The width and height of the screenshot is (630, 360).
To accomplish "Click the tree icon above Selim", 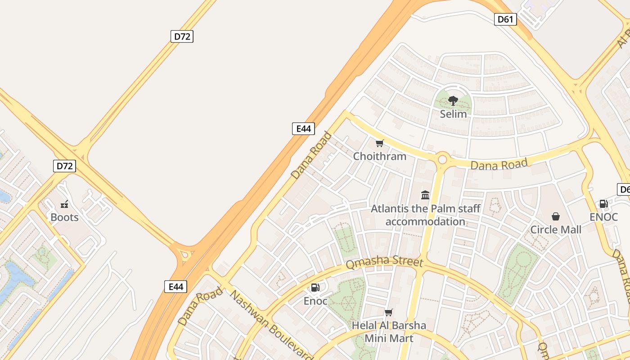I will pyautogui.click(x=453, y=100).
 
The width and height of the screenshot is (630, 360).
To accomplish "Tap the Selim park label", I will pyautogui.click(x=453, y=114).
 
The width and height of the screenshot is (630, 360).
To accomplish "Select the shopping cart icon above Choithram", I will pyautogui.click(x=379, y=144).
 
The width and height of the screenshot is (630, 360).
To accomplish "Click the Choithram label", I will pyautogui.click(x=379, y=156).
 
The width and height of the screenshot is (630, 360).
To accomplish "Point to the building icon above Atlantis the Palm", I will pyautogui.click(x=425, y=195).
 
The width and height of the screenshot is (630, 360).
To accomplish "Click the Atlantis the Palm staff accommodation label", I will pyautogui.click(x=425, y=215).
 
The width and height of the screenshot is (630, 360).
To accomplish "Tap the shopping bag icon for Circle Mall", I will pyautogui.click(x=556, y=216).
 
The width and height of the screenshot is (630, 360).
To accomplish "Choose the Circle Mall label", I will pyautogui.click(x=556, y=229).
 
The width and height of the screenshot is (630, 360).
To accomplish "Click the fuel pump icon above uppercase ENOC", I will pyautogui.click(x=603, y=204).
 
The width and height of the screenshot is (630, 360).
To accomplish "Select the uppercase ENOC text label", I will pyautogui.click(x=603, y=217).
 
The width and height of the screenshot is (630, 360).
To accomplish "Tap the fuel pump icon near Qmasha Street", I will pyautogui.click(x=315, y=288).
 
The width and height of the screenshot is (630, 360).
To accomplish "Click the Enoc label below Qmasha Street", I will pyautogui.click(x=315, y=301).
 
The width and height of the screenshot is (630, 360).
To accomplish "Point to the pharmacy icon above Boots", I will pyautogui.click(x=64, y=204).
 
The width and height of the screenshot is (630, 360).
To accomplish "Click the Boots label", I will pyautogui.click(x=64, y=217).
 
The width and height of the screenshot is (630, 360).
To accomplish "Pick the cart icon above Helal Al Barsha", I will pyautogui.click(x=388, y=312).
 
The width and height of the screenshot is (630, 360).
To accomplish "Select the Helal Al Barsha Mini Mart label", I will pyautogui.click(x=388, y=331).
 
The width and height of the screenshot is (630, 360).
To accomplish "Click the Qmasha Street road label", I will pyautogui.click(x=384, y=262).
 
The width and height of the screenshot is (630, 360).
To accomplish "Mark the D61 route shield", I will pyautogui.click(x=505, y=19).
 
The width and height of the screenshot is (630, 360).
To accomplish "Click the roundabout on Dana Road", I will pyautogui.click(x=442, y=159).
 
